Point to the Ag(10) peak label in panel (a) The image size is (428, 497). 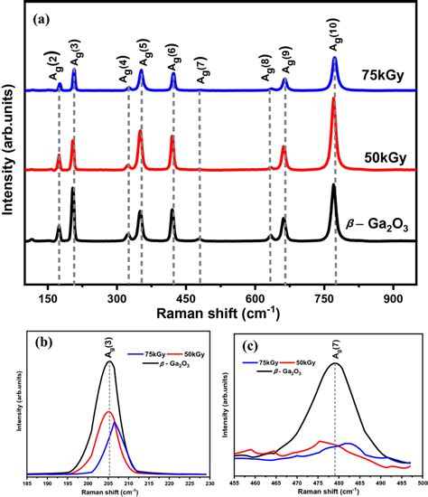click(336, 39)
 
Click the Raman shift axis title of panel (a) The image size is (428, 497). click(230, 313)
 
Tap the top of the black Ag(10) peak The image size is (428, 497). click(334, 185)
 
